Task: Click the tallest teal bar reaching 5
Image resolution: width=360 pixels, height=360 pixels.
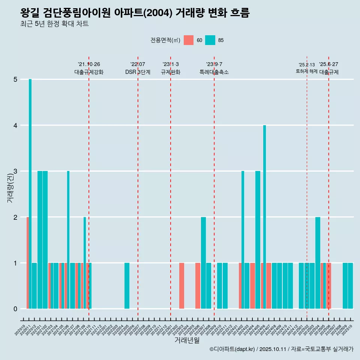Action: click(30, 193)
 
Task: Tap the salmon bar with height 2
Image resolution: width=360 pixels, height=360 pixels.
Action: click(27, 262)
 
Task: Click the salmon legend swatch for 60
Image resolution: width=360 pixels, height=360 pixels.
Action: click(189, 40)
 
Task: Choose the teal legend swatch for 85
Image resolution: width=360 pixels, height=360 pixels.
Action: click(210, 40)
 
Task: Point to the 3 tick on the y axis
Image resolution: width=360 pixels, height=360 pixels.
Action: click(15, 171)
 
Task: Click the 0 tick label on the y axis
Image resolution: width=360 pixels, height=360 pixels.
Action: click(15, 309)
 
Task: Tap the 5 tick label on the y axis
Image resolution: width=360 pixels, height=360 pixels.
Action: click(15, 79)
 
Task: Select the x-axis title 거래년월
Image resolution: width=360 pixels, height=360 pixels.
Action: click(187, 340)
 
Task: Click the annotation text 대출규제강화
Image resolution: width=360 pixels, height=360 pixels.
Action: click(88, 72)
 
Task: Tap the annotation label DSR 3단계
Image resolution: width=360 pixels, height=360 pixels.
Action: click(138, 72)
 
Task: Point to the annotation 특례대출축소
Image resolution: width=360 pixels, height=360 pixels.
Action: click(214, 72)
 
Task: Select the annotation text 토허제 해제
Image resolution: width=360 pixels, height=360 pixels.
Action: click(306, 71)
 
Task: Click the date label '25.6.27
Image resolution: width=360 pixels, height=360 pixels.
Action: click(328, 64)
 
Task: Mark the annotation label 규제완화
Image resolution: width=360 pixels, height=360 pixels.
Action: click(171, 72)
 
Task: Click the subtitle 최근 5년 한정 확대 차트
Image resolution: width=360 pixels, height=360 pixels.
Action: click(54, 24)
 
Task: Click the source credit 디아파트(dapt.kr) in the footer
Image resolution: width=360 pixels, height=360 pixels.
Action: click(232, 349)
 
